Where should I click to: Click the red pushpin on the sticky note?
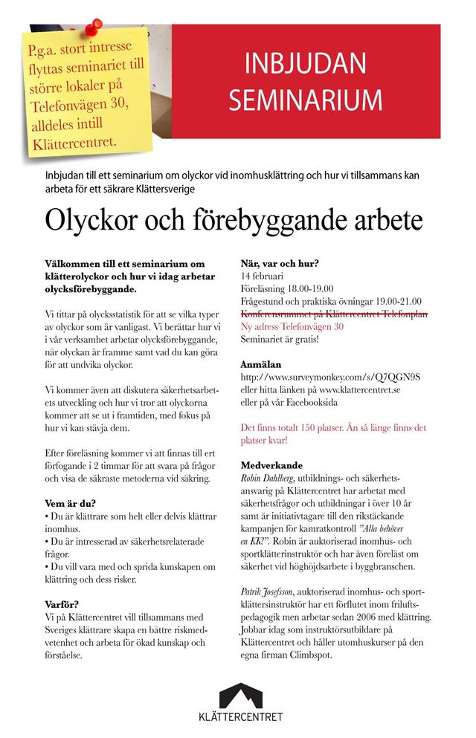click(92, 29)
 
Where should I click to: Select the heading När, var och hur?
click(280, 263)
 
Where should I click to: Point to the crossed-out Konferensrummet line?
click(334, 314)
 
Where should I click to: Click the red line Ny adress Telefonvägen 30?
click(292, 326)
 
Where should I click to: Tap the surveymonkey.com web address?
click(331, 377)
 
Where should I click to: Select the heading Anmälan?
click(261, 365)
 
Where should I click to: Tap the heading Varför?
click(64, 604)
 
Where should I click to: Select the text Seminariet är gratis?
click(280, 339)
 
